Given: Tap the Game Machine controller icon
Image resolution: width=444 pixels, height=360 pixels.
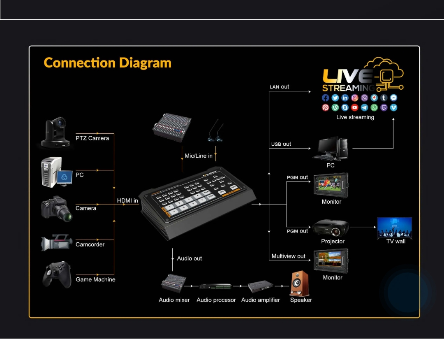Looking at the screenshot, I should [x=57, y=274].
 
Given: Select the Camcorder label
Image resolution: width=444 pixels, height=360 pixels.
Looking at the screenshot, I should [x=90, y=244].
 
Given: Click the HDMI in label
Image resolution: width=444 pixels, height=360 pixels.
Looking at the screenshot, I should [x=127, y=201].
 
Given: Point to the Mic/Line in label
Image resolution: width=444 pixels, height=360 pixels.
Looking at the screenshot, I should [x=199, y=156].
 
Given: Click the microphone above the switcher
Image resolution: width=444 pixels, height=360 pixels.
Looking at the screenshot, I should [x=215, y=131].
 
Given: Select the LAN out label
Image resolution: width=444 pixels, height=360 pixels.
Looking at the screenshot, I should [x=279, y=87].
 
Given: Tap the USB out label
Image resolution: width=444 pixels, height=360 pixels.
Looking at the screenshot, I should [x=281, y=144].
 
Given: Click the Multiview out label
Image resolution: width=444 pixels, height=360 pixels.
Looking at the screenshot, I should [x=289, y=256].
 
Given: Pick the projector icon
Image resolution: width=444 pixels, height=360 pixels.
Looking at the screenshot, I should [x=331, y=228].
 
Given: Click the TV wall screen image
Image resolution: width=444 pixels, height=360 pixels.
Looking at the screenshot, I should [x=395, y=227].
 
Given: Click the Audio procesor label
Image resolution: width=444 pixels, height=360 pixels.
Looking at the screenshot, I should [x=216, y=300].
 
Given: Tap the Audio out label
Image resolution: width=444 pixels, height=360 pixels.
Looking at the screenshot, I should [x=190, y=258].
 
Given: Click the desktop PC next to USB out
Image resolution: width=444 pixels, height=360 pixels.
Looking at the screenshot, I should [x=331, y=149].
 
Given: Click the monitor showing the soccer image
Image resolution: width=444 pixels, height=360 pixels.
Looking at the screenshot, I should [x=331, y=185].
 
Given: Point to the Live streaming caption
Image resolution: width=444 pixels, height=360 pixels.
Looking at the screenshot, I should [x=355, y=117].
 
